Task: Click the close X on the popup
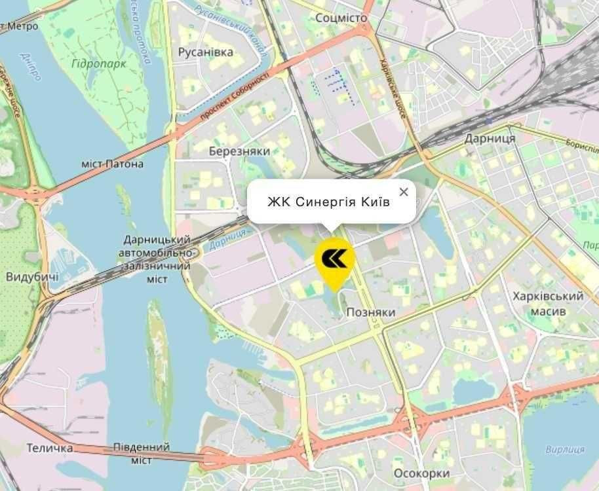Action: pos(404,192)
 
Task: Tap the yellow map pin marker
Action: pos(335,261)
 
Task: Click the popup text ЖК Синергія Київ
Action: pos(328,202)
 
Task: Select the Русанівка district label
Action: pos(206,52)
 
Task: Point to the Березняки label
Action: pos(239,151)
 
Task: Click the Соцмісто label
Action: pos(341,18)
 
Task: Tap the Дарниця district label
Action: pos(490,139)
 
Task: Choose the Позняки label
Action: pos(371,312)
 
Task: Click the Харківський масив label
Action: pos(549,304)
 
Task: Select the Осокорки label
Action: pos(422,473)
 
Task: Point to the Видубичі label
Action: pos(32,276)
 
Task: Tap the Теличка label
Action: pos(50,448)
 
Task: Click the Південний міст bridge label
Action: pos(141,454)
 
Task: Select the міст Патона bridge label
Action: pos(112,164)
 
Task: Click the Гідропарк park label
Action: pos(100,64)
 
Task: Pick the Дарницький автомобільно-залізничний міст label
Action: pos(157,259)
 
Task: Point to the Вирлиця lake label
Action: pos(564,449)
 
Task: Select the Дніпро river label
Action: pos(31,68)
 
